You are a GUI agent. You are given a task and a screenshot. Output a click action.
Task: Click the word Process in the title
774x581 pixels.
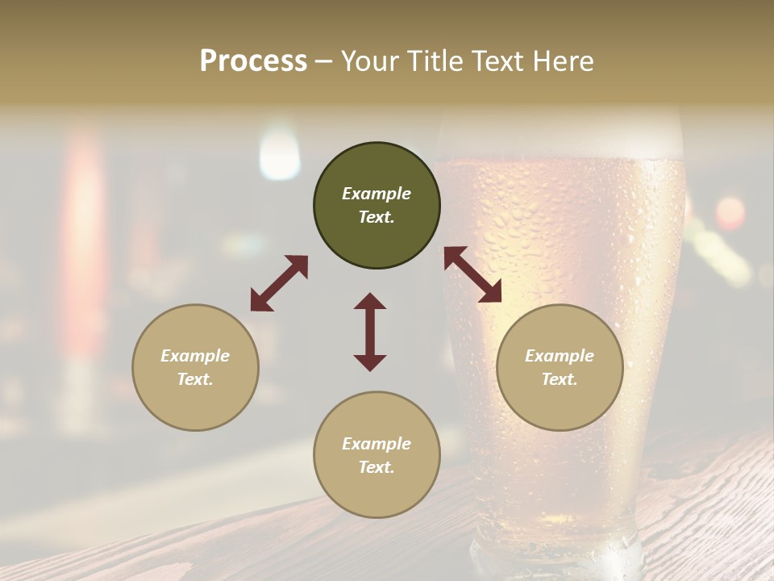(253, 61)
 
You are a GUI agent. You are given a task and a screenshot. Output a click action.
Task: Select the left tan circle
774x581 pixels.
(195, 367)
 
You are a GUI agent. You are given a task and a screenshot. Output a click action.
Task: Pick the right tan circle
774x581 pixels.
(560, 367)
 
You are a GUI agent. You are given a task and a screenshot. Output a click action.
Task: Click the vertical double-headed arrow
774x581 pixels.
(370, 332)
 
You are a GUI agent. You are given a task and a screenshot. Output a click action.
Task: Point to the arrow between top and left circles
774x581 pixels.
(279, 283)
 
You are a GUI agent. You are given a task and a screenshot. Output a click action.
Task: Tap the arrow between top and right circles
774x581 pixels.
(472, 274)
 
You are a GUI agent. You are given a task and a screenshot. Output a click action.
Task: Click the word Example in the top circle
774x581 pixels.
(377, 194)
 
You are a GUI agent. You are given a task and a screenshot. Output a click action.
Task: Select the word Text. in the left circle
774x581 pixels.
(195, 379)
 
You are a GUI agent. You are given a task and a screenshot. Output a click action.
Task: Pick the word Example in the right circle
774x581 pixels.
(560, 356)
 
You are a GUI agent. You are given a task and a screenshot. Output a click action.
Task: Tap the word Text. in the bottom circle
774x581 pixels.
(377, 467)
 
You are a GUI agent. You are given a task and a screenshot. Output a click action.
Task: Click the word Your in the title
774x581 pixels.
(368, 61)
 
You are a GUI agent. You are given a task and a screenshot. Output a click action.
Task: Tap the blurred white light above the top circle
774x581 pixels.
(279, 153)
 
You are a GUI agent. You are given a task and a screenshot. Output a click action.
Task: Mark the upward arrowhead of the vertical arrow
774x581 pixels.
(370, 301)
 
